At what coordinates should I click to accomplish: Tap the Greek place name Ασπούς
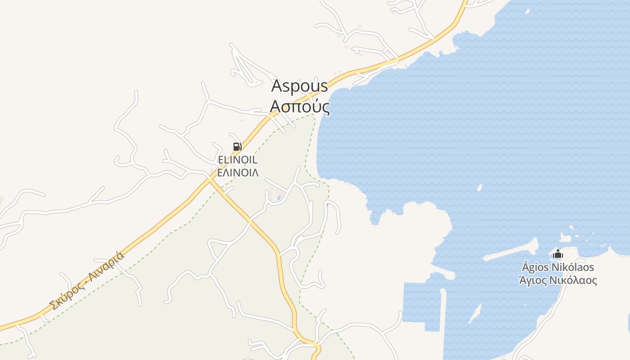(x=300, y=107)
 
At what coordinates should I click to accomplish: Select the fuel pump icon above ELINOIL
(x=237, y=146)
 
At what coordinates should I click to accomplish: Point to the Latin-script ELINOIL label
(x=238, y=160)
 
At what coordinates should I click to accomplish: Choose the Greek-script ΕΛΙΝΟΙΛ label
(x=238, y=172)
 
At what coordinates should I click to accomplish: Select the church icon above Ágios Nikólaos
(x=558, y=254)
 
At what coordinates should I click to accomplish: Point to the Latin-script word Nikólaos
(x=573, y=267)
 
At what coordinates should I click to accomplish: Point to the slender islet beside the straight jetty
(x=475, y=313)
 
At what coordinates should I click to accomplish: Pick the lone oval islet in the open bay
(x=480, y=187)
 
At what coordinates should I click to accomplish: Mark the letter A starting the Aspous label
(x=277, y=85)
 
